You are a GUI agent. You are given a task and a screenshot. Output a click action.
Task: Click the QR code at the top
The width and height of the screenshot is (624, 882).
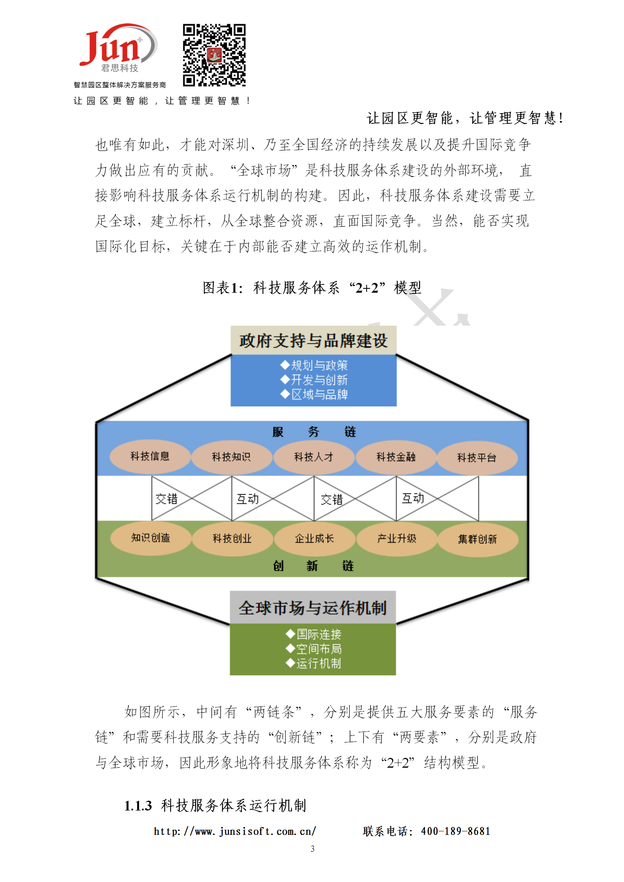click(214, 55)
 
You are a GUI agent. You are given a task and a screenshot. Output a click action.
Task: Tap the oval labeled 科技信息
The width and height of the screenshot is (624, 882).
click(150, 456)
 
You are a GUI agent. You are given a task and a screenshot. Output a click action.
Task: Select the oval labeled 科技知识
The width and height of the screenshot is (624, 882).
click(231, 457)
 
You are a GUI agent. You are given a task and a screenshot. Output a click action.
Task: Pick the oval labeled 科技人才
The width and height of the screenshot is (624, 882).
click(314, 457)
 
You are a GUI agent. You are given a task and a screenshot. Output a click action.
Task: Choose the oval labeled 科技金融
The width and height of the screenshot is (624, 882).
click(396, 457)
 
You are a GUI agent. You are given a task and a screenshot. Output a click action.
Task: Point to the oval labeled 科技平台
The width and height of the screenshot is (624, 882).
click(477, 457)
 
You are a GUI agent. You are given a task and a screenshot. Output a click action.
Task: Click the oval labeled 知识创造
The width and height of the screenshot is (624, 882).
click(151, 538)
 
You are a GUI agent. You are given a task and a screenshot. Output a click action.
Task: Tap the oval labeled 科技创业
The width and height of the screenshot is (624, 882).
click(232, 539)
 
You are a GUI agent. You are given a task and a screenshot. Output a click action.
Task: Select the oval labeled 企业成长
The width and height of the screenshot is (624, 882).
click(315, 539)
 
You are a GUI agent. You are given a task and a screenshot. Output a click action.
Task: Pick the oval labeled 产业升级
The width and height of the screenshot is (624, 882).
click(397, 539)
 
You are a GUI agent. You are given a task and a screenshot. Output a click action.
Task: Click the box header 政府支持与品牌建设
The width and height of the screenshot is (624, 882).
click(314, 340)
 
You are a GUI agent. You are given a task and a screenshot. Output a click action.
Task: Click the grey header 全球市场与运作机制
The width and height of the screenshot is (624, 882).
click(313, 607)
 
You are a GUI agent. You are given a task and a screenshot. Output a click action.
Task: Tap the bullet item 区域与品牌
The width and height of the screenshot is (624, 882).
click(314, 394)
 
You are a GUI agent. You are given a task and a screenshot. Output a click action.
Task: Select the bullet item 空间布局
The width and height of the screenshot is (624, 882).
click(314, 649)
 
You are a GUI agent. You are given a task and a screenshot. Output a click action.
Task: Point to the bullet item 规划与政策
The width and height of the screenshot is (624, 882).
click(314, 365)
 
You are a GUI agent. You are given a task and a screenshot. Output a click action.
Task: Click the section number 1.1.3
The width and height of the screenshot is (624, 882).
click(138, 806)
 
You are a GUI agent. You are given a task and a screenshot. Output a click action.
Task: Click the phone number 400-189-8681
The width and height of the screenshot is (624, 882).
click(456, 831)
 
